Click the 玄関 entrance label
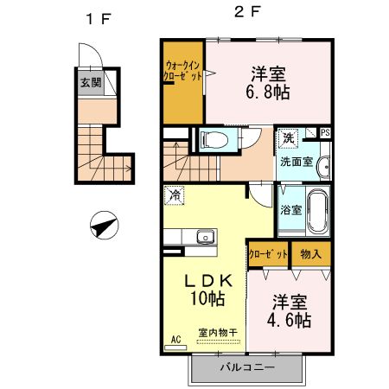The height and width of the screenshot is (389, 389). (90, 84)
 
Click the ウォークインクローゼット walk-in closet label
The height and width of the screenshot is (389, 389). (182, 70)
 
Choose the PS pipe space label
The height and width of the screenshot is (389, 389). (325, 132)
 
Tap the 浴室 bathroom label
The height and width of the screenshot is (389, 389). (290, 209)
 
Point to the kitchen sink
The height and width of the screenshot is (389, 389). (204, 237)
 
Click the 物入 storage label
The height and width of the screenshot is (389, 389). (313, 253)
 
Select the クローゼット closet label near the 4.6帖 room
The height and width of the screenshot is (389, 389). (268, 253)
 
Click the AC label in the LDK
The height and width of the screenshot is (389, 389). (175, 339)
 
